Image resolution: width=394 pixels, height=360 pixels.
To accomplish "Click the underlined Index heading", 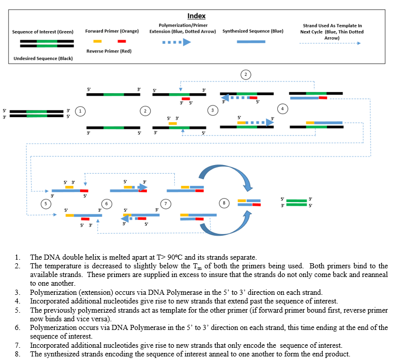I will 196,16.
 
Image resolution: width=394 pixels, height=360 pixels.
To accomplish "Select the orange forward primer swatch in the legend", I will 99,41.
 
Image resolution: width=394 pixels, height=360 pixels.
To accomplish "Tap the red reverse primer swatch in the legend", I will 122,41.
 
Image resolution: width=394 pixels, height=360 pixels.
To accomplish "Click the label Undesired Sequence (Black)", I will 43,59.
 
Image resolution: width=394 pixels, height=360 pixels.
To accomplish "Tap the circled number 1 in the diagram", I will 80,110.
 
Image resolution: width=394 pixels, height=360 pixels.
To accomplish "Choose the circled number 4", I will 283,109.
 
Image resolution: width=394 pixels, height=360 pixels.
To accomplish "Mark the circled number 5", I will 46,203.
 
